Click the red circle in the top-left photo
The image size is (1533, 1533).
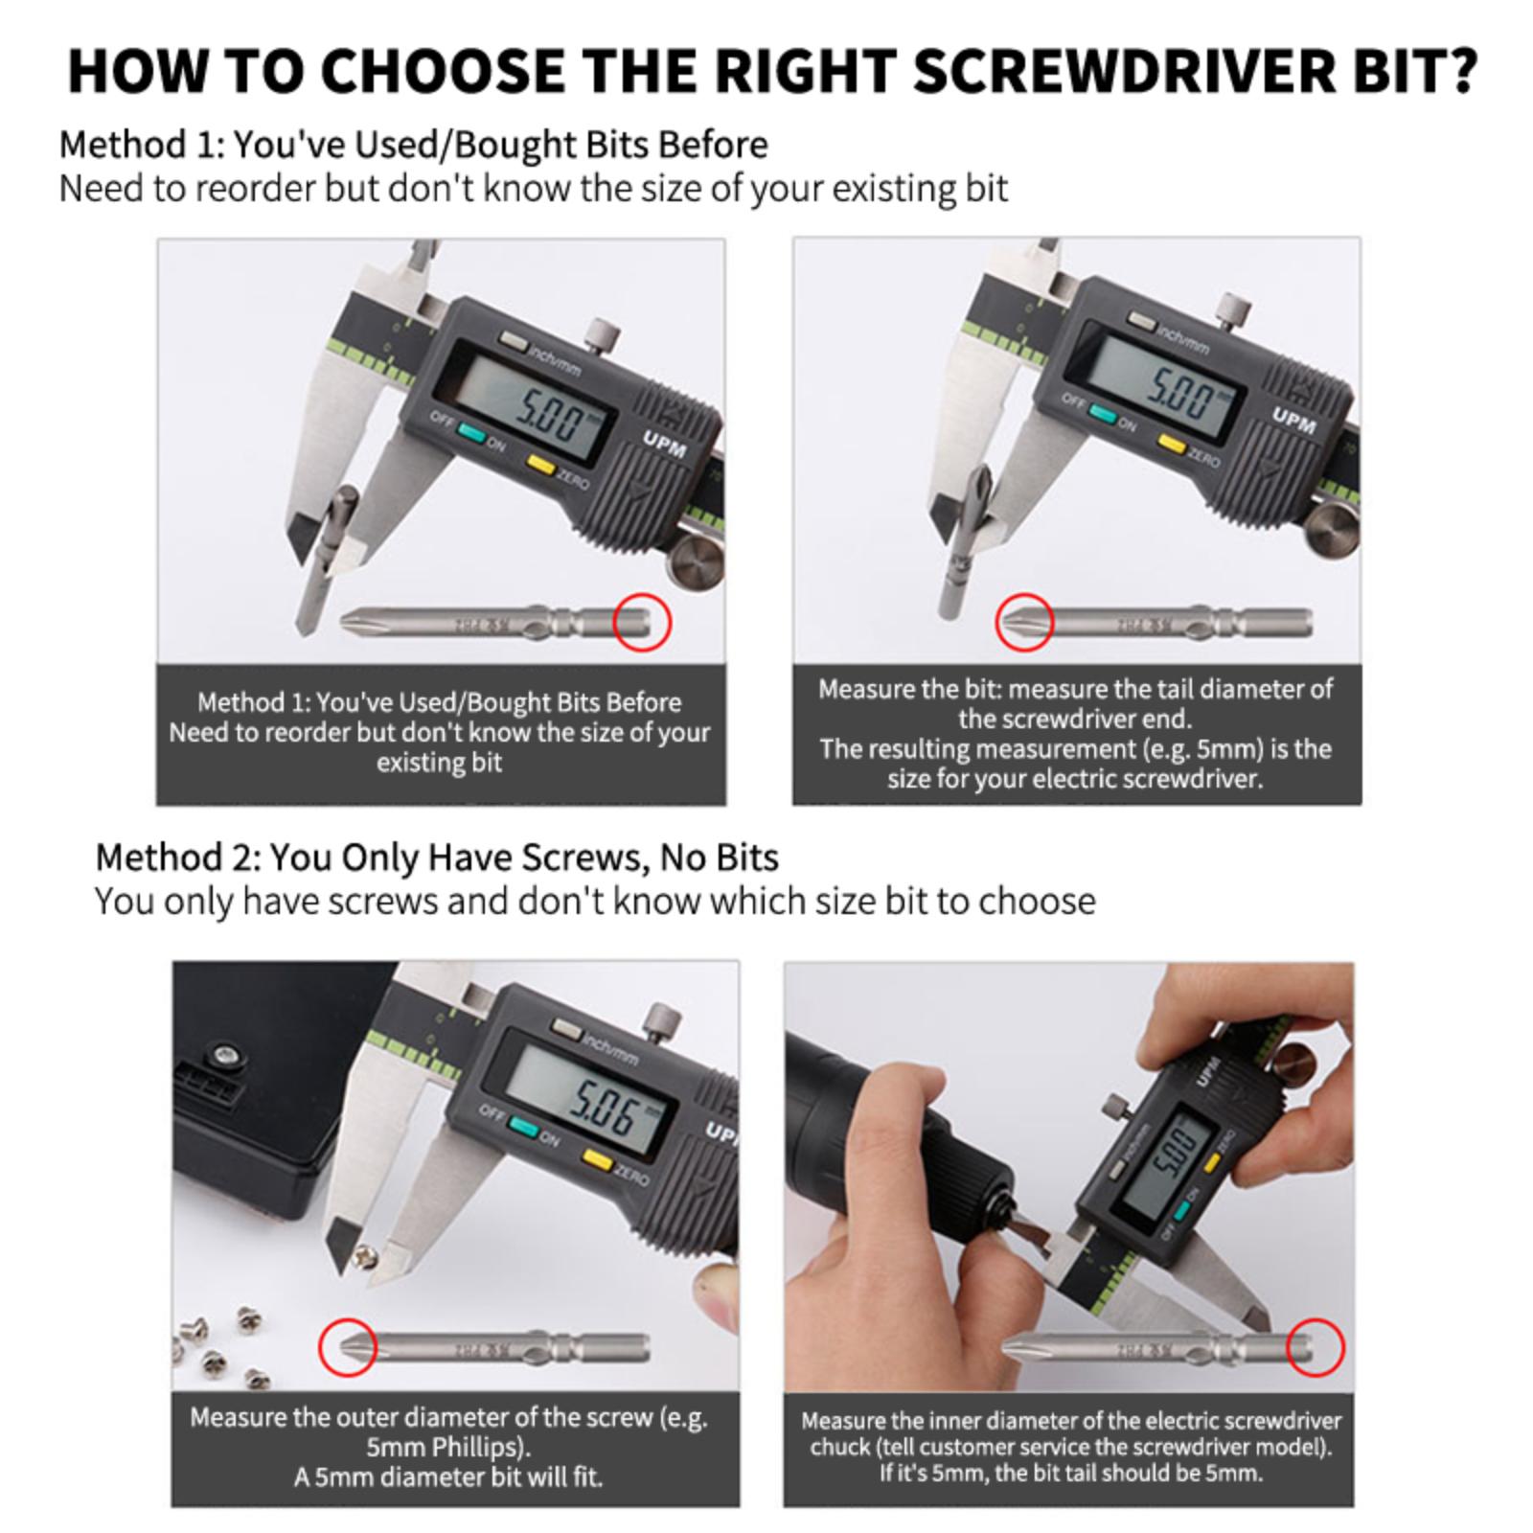click(x=642, y=623)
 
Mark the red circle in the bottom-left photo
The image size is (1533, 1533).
click(x=347, y=1347)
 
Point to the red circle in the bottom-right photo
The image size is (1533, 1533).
click(x=1316, y=1347)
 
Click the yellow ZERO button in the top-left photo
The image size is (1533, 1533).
click(x=541, y=465)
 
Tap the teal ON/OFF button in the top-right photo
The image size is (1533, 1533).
click(x=1103, y=414)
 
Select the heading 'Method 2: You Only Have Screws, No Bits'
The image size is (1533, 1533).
click(x=437, y=857)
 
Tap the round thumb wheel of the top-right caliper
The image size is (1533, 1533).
click(x=1332, y=530)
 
